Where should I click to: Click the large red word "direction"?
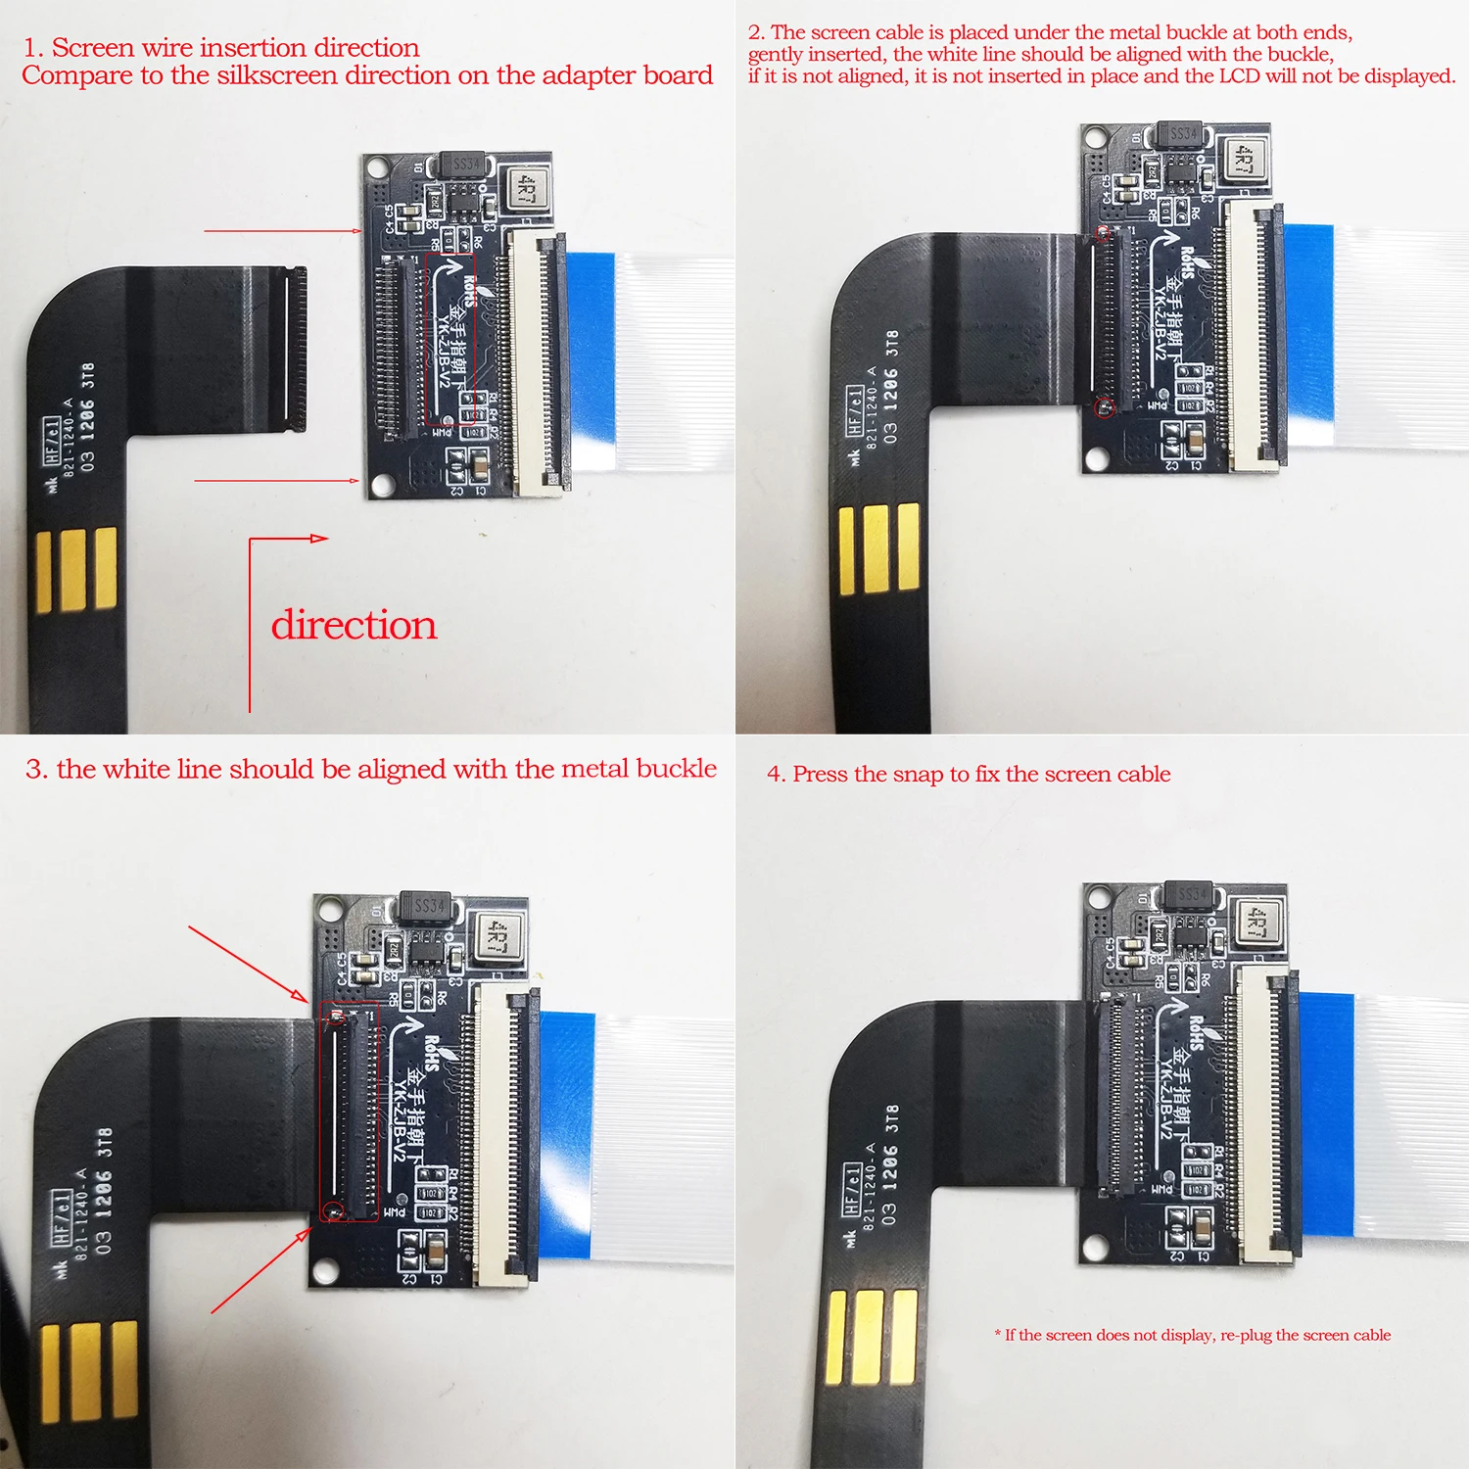(x=354, y=625)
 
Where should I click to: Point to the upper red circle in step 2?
(x=1103, y=234)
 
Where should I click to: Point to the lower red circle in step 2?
(x=1105, y=406)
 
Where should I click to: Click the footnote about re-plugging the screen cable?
(x=1193, y=1335)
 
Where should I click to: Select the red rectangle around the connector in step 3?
(x=350, y=1111)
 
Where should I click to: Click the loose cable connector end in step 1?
(x=294, y=350)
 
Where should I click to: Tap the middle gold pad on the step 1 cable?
(x=73, y=569)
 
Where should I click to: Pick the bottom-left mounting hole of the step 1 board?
(x=379, y=483)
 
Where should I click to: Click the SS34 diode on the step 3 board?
(x=427, y=907)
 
